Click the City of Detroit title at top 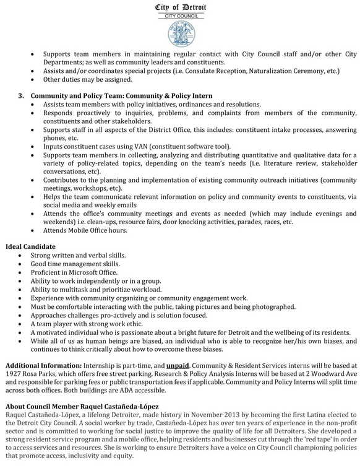coord(180,7)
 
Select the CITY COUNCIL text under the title coord(180,15)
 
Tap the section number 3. coord(21,96)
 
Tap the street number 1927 coord(14,375)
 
